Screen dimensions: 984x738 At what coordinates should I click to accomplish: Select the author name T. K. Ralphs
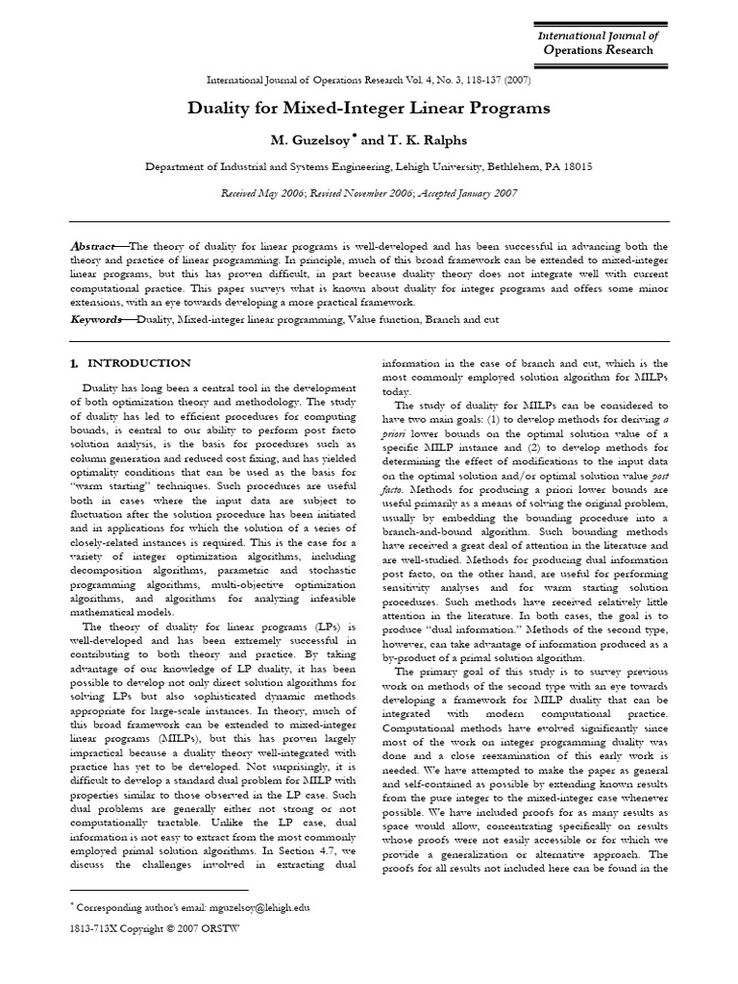coord(417,139)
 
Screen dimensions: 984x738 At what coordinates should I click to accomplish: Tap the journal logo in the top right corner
coord(601,43)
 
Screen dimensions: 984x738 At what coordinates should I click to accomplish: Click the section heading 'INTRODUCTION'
coord(139,363)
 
